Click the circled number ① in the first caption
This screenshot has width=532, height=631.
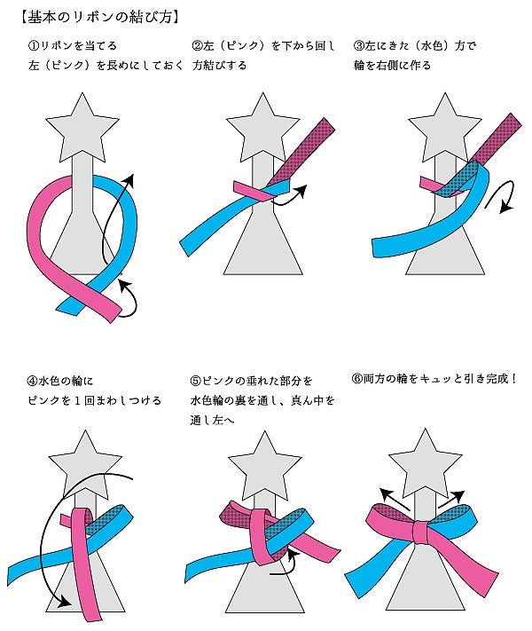point(33,45)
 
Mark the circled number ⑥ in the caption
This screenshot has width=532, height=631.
point(357,378)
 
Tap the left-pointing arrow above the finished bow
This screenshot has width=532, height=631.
point(390,496)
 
